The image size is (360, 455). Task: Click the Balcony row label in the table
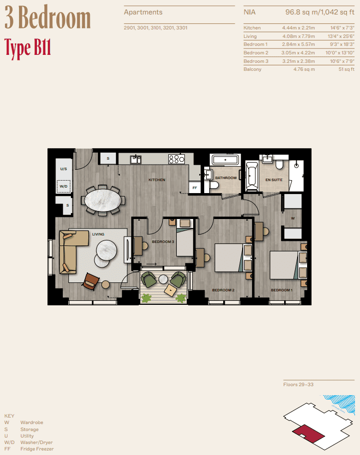click(252, 69)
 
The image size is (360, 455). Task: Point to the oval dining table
click(103, 201)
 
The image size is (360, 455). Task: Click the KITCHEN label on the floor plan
click(156, 180)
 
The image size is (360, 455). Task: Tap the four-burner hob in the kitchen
click(176, 159)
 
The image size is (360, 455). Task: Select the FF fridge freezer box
click(195, 188)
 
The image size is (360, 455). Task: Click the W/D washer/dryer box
click(63, 187)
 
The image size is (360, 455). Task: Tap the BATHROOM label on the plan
click(226, 178)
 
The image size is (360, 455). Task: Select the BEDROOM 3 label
click(163, 242)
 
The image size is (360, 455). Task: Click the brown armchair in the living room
click(91, 281)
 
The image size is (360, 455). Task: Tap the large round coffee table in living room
click(107, 248)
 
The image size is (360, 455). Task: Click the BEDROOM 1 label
click(282, 290)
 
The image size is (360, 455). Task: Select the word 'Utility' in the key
click(27, 436)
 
